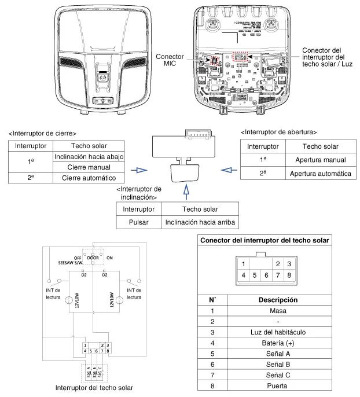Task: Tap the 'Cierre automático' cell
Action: point(89,177)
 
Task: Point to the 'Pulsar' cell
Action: point(138,222)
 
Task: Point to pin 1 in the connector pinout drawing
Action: point(244,264)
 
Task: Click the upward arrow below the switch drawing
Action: point(186,192)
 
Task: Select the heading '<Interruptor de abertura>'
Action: point(278,132)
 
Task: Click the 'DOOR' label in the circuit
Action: point(93,258)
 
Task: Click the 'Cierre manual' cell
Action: point(89,167)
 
